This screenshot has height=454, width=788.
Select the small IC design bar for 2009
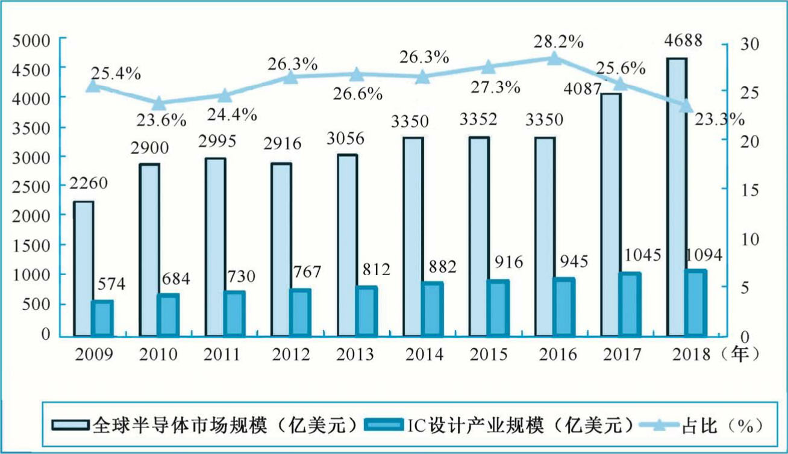102,318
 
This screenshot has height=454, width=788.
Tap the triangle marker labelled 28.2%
554,58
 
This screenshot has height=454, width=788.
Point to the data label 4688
680,41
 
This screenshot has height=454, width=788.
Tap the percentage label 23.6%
161,120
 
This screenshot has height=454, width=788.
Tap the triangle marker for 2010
158,103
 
